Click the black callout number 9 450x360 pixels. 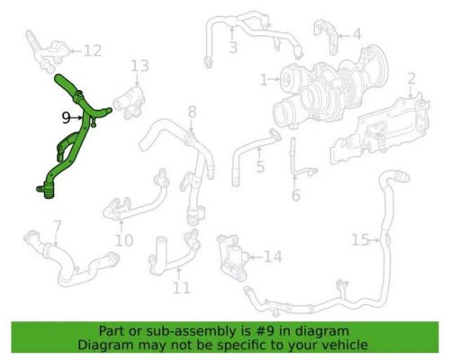point(67,118)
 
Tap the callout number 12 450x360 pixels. point(93,50)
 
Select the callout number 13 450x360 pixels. point(139,66)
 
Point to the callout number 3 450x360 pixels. point(233,48)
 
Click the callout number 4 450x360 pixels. point(356,34)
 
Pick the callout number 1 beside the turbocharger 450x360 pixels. point(264,80)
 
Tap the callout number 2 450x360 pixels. point(411,78)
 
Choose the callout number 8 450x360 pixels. point(193,112)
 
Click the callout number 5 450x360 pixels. point(260,166)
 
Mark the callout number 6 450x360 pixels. point(295,195)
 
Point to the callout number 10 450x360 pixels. point(124,240)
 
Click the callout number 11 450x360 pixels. point(182,288)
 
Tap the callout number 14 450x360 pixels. point(273,256)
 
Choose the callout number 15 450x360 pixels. point(360,239)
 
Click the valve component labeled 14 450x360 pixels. point(232,256)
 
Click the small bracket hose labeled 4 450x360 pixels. point(326,37)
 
